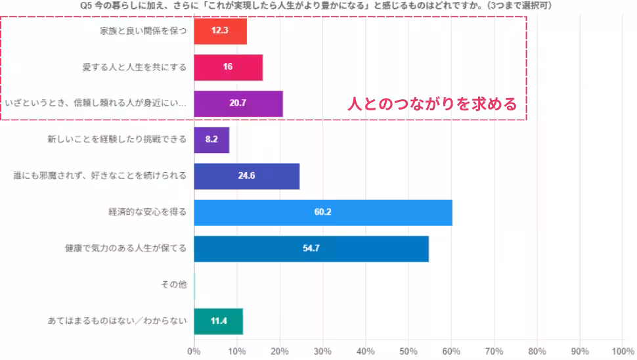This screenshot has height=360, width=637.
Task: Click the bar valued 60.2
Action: click(x=323, y=212)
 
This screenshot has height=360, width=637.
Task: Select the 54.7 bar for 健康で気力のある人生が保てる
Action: click(x=311, y=248)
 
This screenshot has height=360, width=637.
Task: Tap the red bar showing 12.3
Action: click(x=220, y=31)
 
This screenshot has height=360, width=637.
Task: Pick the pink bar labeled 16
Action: click(x=228, y=67)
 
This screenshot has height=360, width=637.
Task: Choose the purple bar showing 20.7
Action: click(x=238, y=103)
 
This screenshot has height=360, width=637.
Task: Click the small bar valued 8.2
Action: click(x=211, y=139)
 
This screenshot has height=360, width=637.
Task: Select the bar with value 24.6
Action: click(x=247, y=175)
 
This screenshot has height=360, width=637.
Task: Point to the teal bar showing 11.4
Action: click(x=219, y=321)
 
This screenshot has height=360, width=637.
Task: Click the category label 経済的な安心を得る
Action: click(x=148, y=212)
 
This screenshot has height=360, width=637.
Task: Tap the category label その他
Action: click(x=174, y=284)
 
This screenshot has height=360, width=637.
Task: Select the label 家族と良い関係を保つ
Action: click(x=144, y=31)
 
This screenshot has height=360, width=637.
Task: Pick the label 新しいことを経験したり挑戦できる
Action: click(x=118, y=139)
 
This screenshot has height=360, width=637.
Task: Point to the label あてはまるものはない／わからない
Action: click(x=118, y=321)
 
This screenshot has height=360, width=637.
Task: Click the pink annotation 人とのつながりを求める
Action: click(x=432, y=104)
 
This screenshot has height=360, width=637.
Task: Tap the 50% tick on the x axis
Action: click(x=408, y=350)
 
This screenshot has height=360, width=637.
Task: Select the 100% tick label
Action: click(x=622, y=350)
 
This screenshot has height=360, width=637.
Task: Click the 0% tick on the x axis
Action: click(x=194, y=350)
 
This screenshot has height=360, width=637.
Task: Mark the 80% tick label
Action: click(x=537, y=350)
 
